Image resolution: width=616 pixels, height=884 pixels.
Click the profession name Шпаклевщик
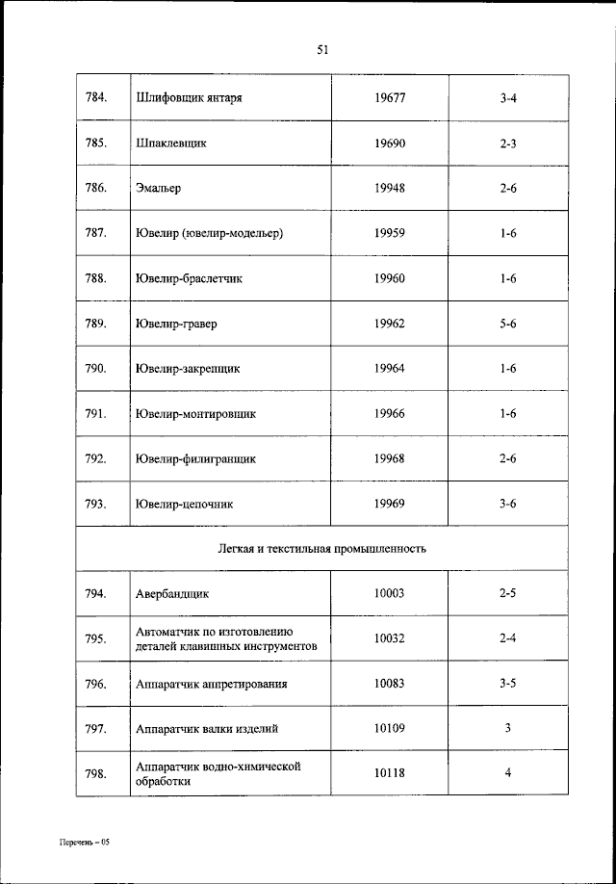(x=172, y=143)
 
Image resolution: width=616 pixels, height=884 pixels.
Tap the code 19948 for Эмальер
(x=390, y=188)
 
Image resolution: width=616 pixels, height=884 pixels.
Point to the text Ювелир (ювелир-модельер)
(x=210, y=233)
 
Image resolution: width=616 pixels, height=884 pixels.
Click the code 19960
(x=390, y=278)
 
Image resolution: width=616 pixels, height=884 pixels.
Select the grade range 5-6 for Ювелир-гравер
(x=508, y=324)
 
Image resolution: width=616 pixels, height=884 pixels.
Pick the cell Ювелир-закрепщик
(x=188, y=368)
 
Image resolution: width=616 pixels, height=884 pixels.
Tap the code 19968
(x=390, y=458)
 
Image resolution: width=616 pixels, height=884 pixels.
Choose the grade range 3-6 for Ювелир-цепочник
(x=508, y=504)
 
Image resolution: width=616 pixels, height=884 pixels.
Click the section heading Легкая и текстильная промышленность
(x=321, y=549)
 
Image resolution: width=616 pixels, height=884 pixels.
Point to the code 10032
(x=390, y=638)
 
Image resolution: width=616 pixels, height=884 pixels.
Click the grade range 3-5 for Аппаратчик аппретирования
(x=508, y=684)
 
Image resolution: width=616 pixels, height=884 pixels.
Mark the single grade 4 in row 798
(x=508, y=773)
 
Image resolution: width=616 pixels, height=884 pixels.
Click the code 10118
(x=390, y=773)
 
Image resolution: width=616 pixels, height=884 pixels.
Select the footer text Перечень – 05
(x=83, y=843)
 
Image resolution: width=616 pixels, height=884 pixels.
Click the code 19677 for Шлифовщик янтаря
(x=390, y=98)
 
